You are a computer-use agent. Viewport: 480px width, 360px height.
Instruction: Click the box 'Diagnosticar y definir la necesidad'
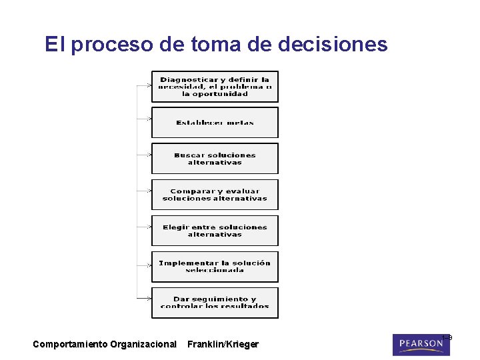pyautogui.click(x=215, y=87)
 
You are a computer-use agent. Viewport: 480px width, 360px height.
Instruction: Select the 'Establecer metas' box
pyautogui.click(x=215, y=123)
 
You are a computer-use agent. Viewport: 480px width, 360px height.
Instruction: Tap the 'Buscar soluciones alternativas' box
pyautogui.click(x=215, y=159)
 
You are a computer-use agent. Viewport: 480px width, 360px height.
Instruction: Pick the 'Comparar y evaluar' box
pyautogui.click(x=215, y=195)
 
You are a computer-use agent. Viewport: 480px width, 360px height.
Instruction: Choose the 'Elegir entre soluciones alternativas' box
pyautogui.click(x=215, y=231)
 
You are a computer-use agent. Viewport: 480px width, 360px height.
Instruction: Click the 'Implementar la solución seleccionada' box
pyautogui.click(x=215, y=267)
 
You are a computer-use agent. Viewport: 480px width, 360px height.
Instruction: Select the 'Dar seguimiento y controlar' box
pyautogui.click(x=215, y=303)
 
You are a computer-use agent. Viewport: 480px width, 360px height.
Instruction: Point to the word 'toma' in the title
pyautogui.click(x=215, y=44)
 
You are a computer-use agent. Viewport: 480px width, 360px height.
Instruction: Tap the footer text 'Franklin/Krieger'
pyautogui.click(x=223, y=345)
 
